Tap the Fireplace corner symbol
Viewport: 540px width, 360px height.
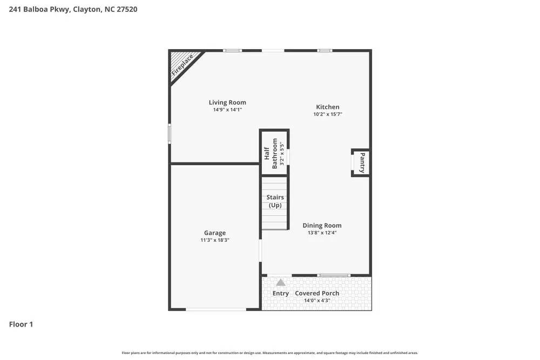(x=183, y=65)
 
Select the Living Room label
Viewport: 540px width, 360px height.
(x=227, y=103)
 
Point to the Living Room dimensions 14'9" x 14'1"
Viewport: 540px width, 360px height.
(x=227, y=110)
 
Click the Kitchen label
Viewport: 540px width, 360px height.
(x=328, y=107)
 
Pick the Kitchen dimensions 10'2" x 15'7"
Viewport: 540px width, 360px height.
(x=328, y=114)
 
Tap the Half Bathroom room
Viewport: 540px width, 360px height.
(x=274, y=153)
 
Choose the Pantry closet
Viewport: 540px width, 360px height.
(x=361, y=162)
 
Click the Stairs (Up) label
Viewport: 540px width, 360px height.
(x=275, y=201)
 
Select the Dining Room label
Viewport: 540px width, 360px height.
(x=322, y=226)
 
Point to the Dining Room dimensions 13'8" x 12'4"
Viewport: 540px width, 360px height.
(x=322, y=233)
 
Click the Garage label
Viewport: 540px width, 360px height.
(x=215, y=233)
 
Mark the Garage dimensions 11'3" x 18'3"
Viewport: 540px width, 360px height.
(x=215, y=240)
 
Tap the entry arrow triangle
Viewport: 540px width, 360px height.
(x=281, y=282)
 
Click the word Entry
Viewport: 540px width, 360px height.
(x=281, y=294)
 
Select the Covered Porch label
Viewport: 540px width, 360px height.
(x=317, y=294)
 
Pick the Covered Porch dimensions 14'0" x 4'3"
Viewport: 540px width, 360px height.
(x=317, y=300)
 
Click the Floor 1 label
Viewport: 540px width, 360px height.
(x=21, y=324)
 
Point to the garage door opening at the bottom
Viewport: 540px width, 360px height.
(x=216, y=309)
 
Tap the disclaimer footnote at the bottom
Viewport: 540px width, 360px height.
(x=270, y=353)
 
